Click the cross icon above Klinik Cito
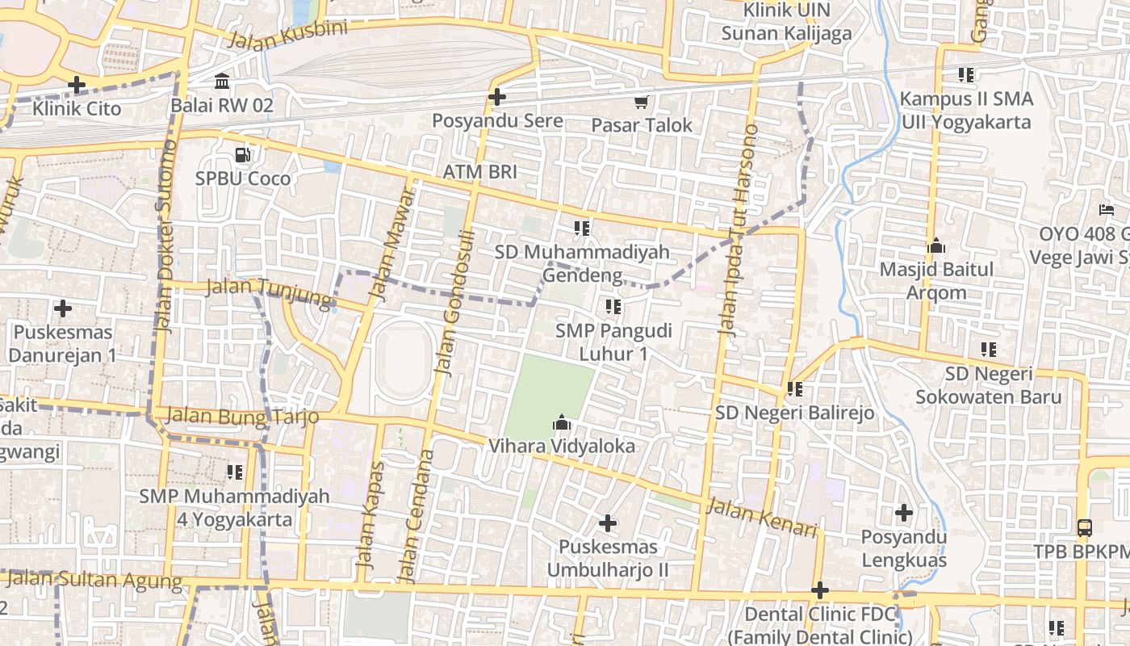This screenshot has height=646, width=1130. [x=77, y=84]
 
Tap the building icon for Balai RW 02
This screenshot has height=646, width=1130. [x=222, y=81]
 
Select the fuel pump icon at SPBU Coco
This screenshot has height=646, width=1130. [x=241, y=154]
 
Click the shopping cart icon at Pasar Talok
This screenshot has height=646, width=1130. [x=641, y=102]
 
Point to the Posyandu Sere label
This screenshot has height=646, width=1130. [x=497, y=122]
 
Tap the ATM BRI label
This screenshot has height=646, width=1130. [x=479, y=172]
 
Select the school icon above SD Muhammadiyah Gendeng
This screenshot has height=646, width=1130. [x=581, y=229]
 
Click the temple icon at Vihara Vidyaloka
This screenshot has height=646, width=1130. [x=561, y=422]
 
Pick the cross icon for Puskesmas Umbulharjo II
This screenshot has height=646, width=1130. [x=608, y=523]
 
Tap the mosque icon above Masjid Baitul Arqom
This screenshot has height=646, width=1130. [x=936, y=245]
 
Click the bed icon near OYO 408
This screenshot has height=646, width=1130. [x=1106, y=211]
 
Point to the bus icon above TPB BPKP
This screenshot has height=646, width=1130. [x=1085, y=528]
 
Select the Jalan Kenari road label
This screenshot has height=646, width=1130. [x=762, y=518]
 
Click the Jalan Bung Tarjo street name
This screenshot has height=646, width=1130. [x=241, y=417]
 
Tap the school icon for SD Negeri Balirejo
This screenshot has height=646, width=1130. [x=795, y=389]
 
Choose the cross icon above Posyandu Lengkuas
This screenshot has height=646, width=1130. [x=904, y=513]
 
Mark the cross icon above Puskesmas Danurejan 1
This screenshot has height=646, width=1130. [x=63, y=308]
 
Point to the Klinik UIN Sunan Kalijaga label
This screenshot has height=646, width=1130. [x=786, y=22]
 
